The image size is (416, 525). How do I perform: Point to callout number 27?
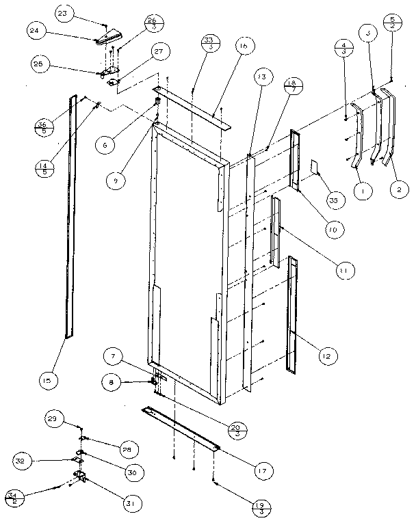159,51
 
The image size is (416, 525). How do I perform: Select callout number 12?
327,355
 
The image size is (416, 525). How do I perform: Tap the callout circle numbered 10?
333,230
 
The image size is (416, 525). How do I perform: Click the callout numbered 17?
261,470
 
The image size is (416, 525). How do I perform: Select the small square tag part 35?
314,166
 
